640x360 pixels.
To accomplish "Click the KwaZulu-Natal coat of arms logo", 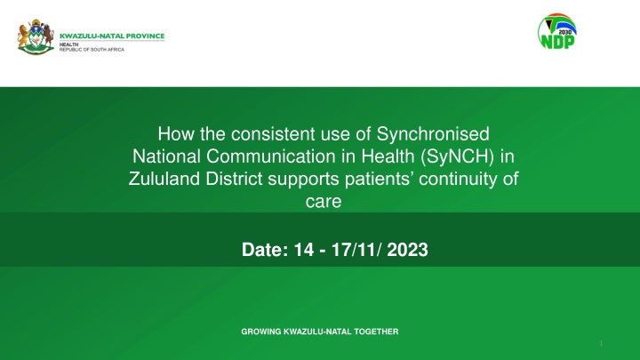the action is click(x=36, y=37).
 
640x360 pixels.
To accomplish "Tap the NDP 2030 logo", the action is click(x=557, y=31).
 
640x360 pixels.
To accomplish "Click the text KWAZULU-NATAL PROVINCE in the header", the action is click(x=112, y=36).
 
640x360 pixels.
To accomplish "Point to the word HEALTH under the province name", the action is click(x=69, y=44).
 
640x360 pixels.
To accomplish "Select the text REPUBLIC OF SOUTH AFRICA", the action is click(x=92, y=50).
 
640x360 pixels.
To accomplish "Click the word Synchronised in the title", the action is click(x=433, y=134).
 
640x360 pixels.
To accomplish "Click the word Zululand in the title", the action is click(x=164, y=179).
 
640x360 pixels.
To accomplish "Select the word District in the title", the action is click(x=234, y=179).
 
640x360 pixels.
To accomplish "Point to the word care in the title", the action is click(x=324, y=201).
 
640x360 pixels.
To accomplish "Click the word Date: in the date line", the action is click(x=265, y=250).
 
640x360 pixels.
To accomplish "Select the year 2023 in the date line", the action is click(x=407, y=250).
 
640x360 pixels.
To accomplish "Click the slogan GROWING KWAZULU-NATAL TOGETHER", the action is click(x=320, y=332).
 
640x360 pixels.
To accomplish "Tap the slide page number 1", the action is click(x=601, y=343).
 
